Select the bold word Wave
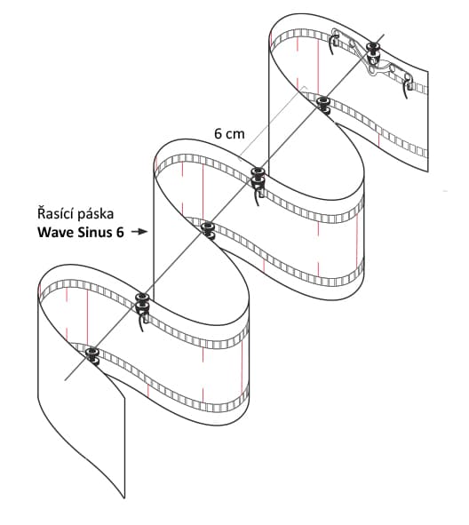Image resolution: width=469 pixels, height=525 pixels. click(x=56, y=233)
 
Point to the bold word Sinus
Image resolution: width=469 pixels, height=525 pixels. click(x=95, y=233)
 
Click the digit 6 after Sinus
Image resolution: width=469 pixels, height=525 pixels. click(x=120, y=233)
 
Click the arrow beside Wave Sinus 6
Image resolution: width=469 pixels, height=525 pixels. click(x=139, y=232)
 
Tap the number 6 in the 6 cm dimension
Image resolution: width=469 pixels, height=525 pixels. click(x=219, y=134)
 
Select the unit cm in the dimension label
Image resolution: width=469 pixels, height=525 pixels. click(x=235, y=135)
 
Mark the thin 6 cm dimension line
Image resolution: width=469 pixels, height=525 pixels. click(x=272, y=123)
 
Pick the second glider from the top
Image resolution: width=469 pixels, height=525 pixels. click(x=323, y=104)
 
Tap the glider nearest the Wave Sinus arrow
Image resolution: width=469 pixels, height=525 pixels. click(x=208, y=230)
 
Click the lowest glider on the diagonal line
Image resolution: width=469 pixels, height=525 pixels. click(x=91, y=354)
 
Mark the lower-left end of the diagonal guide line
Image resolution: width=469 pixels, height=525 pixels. click(x=65, y=380)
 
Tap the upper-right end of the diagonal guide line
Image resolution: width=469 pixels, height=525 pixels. click(x=384, y=34)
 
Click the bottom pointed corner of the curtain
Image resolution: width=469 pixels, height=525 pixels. click(x=124, y=497)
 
